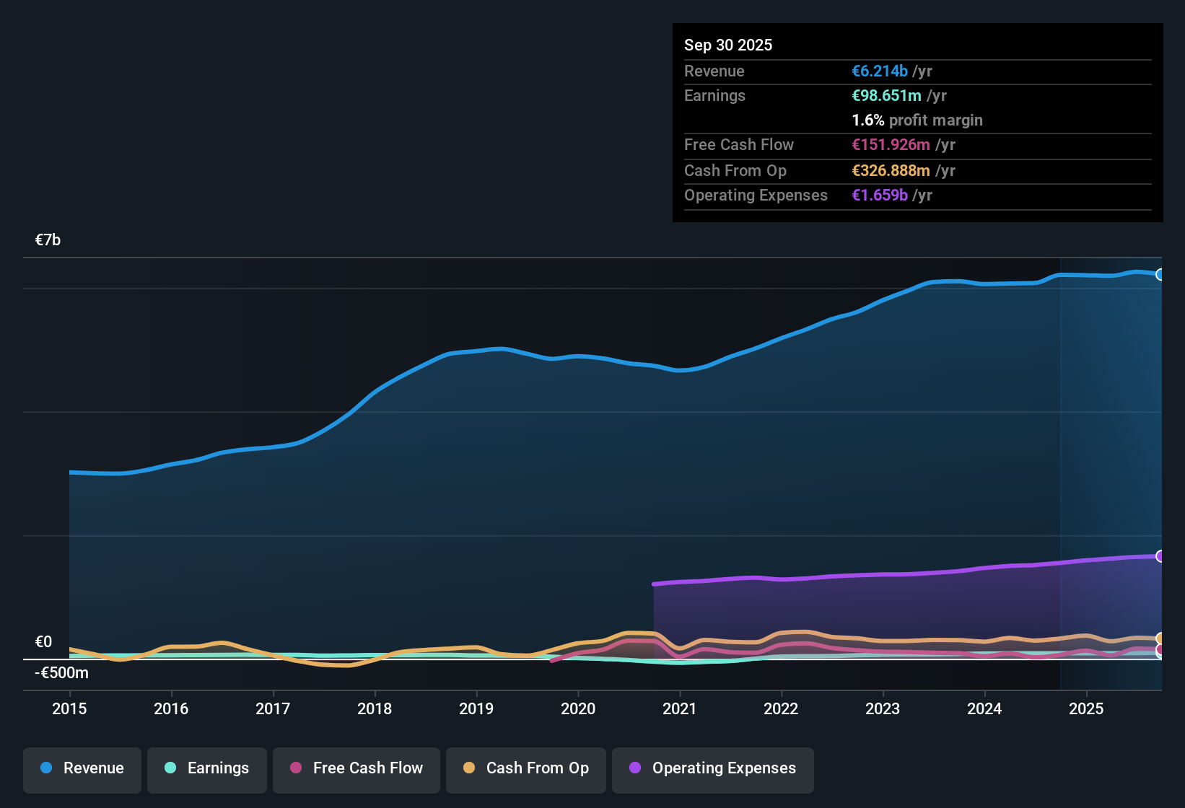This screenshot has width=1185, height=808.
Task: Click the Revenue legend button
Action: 82,768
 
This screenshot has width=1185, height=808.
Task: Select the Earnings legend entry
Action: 207,768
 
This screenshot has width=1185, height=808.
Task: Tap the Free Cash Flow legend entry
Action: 357,768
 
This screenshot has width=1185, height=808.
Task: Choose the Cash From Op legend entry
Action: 526,768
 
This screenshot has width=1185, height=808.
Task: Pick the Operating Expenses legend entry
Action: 713,768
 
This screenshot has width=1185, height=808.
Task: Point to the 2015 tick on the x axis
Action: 69,708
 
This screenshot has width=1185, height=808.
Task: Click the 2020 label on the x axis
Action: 578,708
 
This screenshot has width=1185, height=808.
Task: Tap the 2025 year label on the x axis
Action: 1086,708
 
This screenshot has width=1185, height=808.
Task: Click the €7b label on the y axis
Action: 48,240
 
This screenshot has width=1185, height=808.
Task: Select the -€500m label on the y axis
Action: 61,673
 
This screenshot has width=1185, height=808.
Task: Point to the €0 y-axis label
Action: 43,642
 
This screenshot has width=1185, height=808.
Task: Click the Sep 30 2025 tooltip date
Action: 728,45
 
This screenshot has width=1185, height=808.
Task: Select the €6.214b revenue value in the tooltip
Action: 880,71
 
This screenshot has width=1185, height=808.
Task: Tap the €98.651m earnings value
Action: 886,95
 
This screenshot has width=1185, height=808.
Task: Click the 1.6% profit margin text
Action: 917,120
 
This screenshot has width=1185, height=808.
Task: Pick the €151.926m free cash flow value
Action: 891,144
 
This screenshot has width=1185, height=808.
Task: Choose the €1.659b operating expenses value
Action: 880,195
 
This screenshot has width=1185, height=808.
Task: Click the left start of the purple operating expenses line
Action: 655,584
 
